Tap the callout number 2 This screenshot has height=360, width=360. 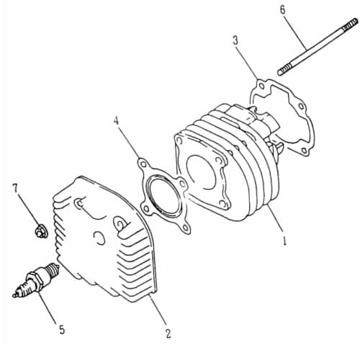(x=168, y=333)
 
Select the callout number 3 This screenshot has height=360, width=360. (x=235, y=40)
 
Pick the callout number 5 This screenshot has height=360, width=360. (x=62, y=330)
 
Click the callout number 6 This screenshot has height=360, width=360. (x=282, y=9)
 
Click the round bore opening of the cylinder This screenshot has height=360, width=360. (x=204, y=174)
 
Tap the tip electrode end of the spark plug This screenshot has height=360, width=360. (x=16, y=292)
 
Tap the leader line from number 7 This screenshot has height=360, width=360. (x=27, y=209)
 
